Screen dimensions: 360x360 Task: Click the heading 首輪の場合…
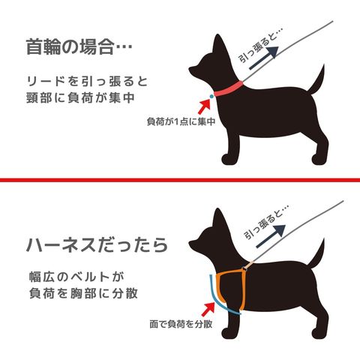79,46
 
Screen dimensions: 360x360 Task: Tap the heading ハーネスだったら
97,244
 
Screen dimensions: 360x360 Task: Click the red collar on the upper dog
229,89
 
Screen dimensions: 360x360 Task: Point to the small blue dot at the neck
211,96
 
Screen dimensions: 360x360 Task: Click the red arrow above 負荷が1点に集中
205,106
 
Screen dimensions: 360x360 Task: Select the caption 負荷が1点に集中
181,121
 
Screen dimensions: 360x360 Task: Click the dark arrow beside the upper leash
264,58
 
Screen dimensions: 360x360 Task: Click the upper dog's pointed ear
218,44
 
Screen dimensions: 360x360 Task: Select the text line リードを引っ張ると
87,81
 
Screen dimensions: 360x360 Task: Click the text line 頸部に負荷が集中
81,97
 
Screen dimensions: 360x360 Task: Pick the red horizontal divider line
180,180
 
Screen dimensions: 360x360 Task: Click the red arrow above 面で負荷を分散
208,309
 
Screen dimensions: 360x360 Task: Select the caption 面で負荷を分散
181,324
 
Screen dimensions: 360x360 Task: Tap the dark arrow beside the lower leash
271,236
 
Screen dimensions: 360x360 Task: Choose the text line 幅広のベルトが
76,277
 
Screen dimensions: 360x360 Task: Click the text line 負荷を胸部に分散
83,293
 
